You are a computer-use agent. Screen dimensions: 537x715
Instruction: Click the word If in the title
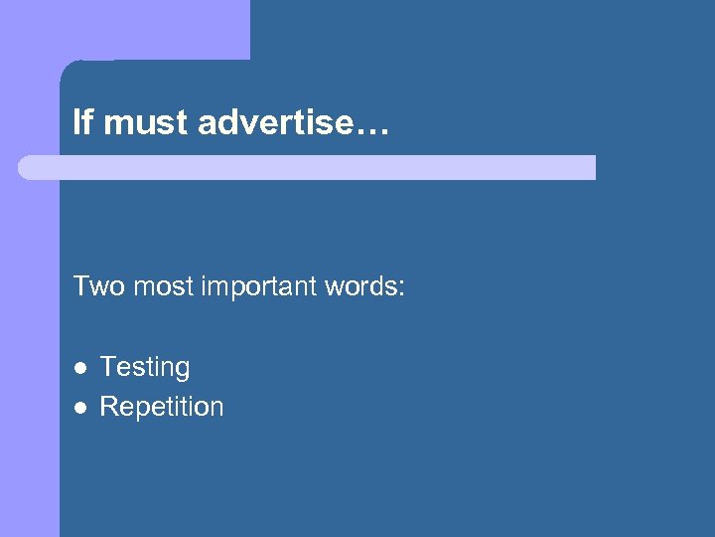pyautogui.click(x=82, y=123)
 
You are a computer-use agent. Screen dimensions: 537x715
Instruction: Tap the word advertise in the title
pyautogui.click(x=274, y=123)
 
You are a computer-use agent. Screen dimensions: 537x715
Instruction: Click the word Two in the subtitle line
pyautogui.click(x=97, y=287)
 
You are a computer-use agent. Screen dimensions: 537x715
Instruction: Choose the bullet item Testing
pyautogui.click(x=145, y=368)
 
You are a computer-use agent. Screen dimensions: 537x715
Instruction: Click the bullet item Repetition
pyautogui.click(x=162, y=407)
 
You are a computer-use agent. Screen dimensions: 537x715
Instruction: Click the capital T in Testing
pyautogui.click(x=107, y=366)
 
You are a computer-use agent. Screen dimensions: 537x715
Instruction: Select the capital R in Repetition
pyautogui.click(x=108, y=406)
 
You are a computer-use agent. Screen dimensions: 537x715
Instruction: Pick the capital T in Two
pyautogui.click(x=80, y=287)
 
